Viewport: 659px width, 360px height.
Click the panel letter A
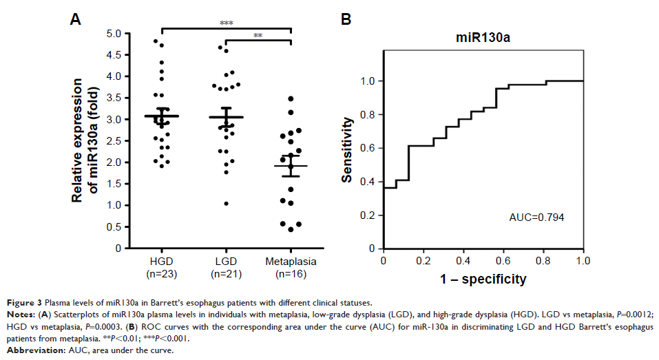point(76,20)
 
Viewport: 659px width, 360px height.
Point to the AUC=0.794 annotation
point(536,218)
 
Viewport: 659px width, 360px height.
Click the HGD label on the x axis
point(162,261)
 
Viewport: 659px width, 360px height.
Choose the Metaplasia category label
point(291,261)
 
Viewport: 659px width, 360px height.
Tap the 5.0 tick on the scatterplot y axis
point(114,34)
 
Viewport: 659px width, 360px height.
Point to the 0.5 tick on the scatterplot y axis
point(114,226)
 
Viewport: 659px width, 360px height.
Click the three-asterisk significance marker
point(227,23)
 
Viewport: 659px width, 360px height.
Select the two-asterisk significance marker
point(258,36)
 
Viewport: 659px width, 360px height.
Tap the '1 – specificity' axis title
point(483,279)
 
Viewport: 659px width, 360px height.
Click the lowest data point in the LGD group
point(226,203)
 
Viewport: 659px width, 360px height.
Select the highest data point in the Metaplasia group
point(291,99)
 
